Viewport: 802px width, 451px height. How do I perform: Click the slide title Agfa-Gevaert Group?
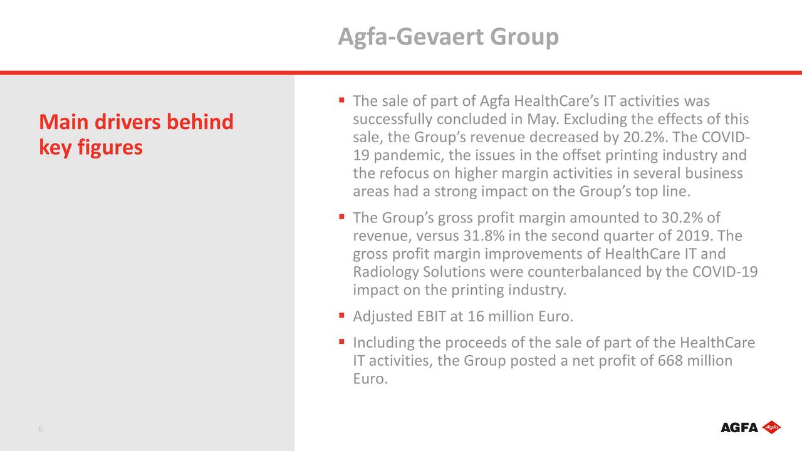point(448,38)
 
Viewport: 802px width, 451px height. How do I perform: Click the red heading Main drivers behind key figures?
point(136,134)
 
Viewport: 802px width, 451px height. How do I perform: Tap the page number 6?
point(40,429)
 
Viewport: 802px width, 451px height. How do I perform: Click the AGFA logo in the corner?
point(750,427)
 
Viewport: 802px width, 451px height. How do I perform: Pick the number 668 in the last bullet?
point(670,361)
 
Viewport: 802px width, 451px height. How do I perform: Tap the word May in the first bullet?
point(544,119)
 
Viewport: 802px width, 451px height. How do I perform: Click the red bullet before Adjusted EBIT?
point(343,316)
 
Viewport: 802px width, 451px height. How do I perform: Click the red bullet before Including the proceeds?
point(343,342)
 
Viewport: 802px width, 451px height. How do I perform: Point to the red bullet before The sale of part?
point(343,100)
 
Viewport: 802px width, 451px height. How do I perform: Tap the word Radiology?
point(385,272)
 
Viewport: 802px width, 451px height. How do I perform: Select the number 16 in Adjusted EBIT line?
point(476,317)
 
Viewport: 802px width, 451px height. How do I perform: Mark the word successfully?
point(392,119)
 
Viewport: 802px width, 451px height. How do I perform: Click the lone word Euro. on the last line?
point(370,379)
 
